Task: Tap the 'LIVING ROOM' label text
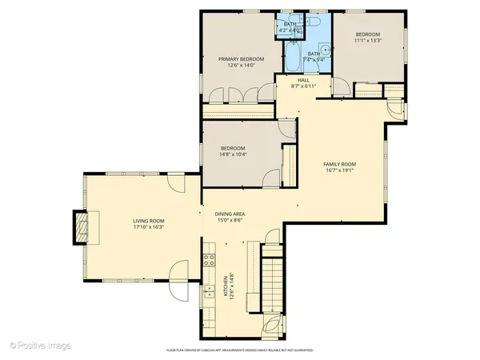click(149, 221)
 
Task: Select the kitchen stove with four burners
click(209, 259)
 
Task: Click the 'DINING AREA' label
click(230, 214)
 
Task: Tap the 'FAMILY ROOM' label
click(339, 163)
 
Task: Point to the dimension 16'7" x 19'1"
click(339, 170)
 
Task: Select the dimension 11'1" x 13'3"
click(367, 41)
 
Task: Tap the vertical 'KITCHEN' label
click(227, 286)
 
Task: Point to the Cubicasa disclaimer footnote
click(240, 350)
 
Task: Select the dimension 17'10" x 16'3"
click(149, 227)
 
